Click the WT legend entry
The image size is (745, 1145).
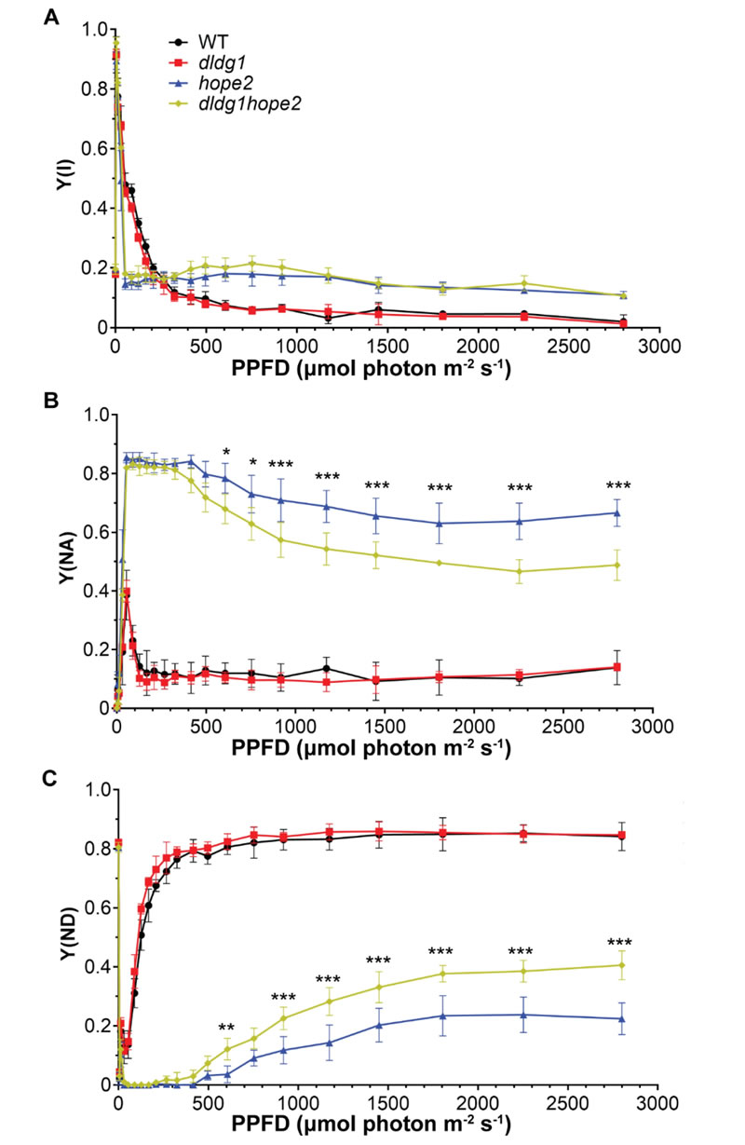pyautogui.click(x=207, y=42)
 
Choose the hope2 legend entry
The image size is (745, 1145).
pyautogui.click(x=217, y=80)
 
